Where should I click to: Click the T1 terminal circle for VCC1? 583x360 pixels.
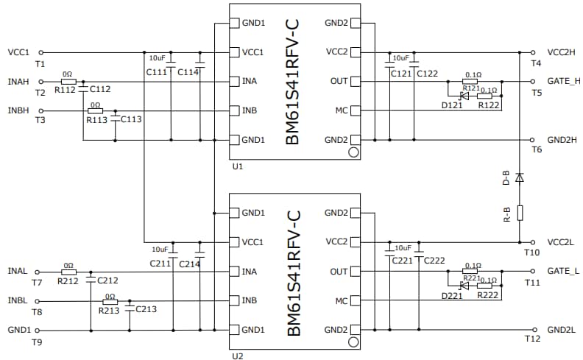(x=40, y=52)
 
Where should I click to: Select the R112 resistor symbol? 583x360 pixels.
(x=67, y=82)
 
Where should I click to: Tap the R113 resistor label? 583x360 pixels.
(x=96, y=119)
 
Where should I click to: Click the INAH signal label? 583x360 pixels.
(x=19, y=82)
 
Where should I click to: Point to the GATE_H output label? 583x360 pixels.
(x=564, y=82)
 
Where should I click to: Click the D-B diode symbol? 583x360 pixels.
(x=520, y=177)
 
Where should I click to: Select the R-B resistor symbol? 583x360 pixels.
(x=520, y=213)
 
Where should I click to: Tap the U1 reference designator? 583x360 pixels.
(x=236, y=166)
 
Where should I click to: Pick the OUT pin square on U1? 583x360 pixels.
(x=356, y=82)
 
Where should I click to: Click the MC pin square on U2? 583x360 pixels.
(x=356, y=301)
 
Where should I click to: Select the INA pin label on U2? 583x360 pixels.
(x=251, y=272)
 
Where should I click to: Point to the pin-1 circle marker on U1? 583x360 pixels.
(x=353, y=152)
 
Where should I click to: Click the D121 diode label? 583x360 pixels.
(x=452, y=106)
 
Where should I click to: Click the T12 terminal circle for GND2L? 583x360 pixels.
(x=533, y=330)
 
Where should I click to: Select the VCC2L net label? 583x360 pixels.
(x=564, y=242)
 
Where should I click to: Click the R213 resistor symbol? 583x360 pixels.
(x=110, y=301)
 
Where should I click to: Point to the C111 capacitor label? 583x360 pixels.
(x=156, y=71)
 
